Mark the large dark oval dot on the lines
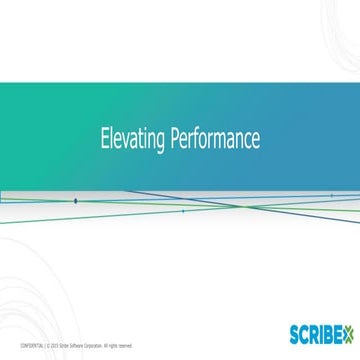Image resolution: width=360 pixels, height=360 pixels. point(75,200)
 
